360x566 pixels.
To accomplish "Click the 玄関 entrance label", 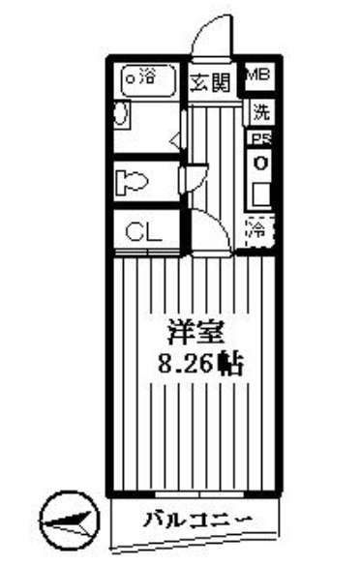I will (209, 81).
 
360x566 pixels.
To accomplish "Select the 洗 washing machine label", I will (259, 111).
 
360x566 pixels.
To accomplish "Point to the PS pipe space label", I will (259, 139).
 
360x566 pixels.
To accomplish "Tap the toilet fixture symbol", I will (132, 182).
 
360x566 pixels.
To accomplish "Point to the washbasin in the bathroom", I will (120, 115).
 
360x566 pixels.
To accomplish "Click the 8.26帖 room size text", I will (199, 367).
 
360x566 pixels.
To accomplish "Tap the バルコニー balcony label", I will (197, 521).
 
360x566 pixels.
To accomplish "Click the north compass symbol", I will (71, 517).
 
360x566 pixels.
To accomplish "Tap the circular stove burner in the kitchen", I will (259, 163).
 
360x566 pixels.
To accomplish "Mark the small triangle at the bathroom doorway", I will (175, 142).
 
